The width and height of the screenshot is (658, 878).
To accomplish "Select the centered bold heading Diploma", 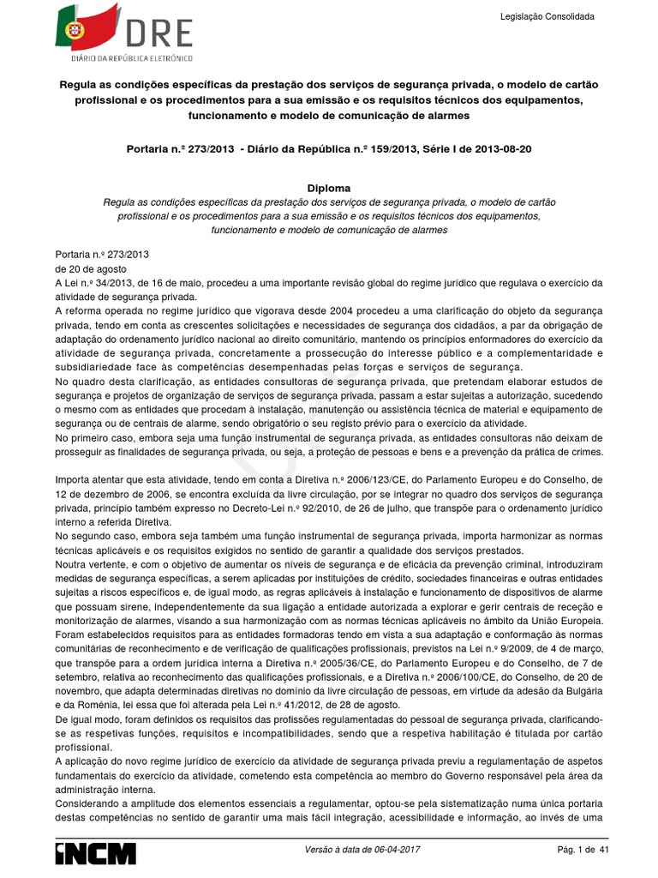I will point(329,188).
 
